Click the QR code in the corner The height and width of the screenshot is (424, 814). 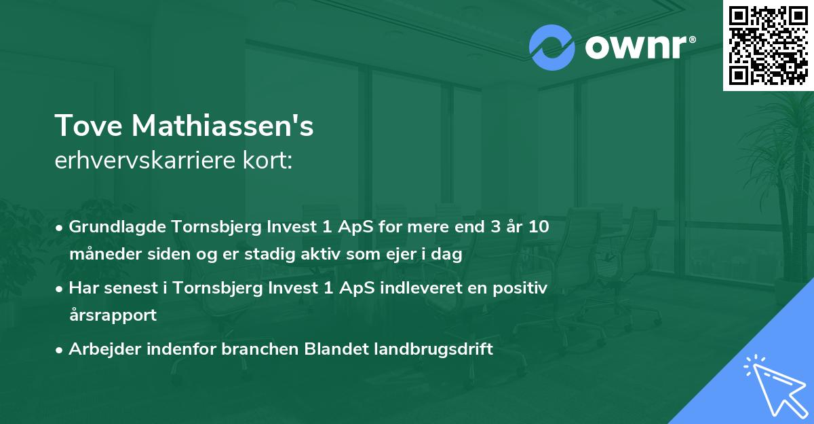tap(768, 46)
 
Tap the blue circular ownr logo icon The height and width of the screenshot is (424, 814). tap(552, 48)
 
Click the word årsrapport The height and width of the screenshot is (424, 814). tap(113, 315)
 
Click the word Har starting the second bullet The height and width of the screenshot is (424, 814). tap(81, 288)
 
